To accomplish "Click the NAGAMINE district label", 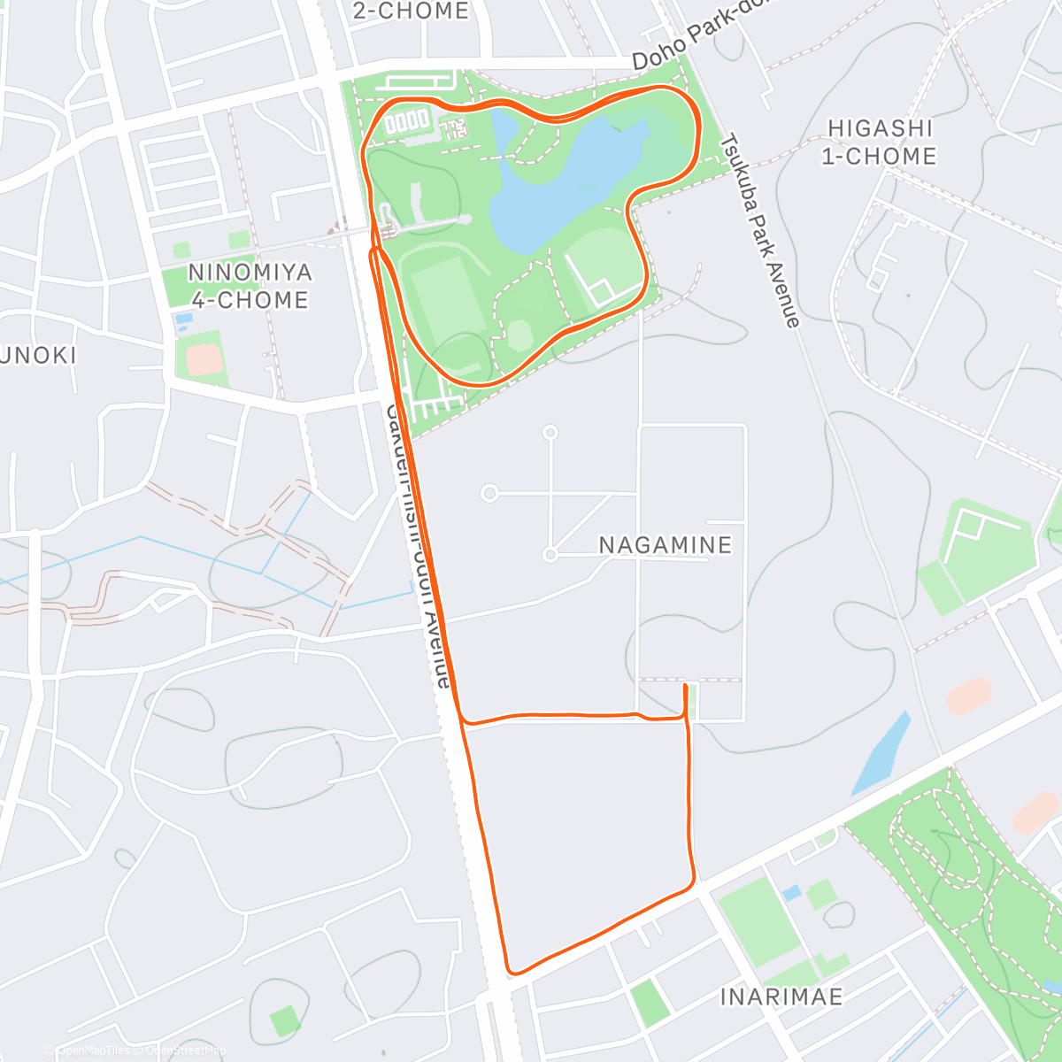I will coord(666,545).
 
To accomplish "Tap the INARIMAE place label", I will coord(781,997).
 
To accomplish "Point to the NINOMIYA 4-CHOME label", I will coord(250,286).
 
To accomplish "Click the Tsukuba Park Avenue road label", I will coord(761,230).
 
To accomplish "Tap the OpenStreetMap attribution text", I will coord(186,1050).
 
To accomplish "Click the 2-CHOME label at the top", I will coord(410,11).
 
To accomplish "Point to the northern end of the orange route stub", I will coord(686,685).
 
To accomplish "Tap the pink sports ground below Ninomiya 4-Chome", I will coord(204,359).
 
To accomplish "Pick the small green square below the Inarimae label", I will coord(650,1003).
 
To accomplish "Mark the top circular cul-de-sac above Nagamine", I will coord(550,433).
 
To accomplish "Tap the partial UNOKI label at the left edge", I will coord(37,356).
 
